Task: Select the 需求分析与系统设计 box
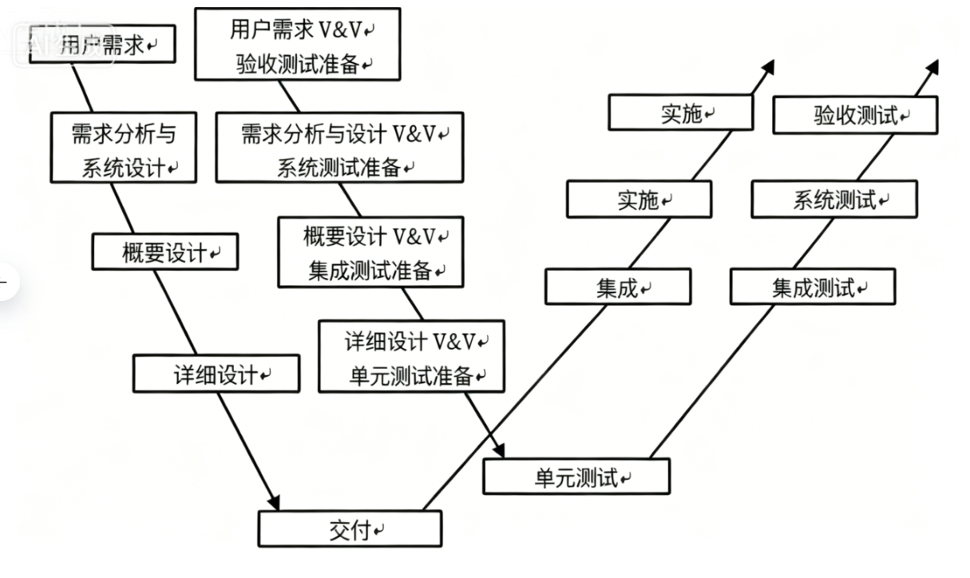[x=124, y=148]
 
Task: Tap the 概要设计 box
[x=164, y=253]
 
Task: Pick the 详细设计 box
[x=216, y=374]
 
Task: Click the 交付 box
[x=350, y=529]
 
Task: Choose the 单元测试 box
[x=576, y=477]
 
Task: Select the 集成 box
[x=618, y=287]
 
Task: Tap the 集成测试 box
[x=813, y=287]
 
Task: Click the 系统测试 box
[x=834, y=200]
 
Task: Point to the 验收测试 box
[x=855, y=115]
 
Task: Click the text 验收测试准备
[x=298, y=65]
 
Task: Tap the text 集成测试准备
[x=370, y=271]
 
